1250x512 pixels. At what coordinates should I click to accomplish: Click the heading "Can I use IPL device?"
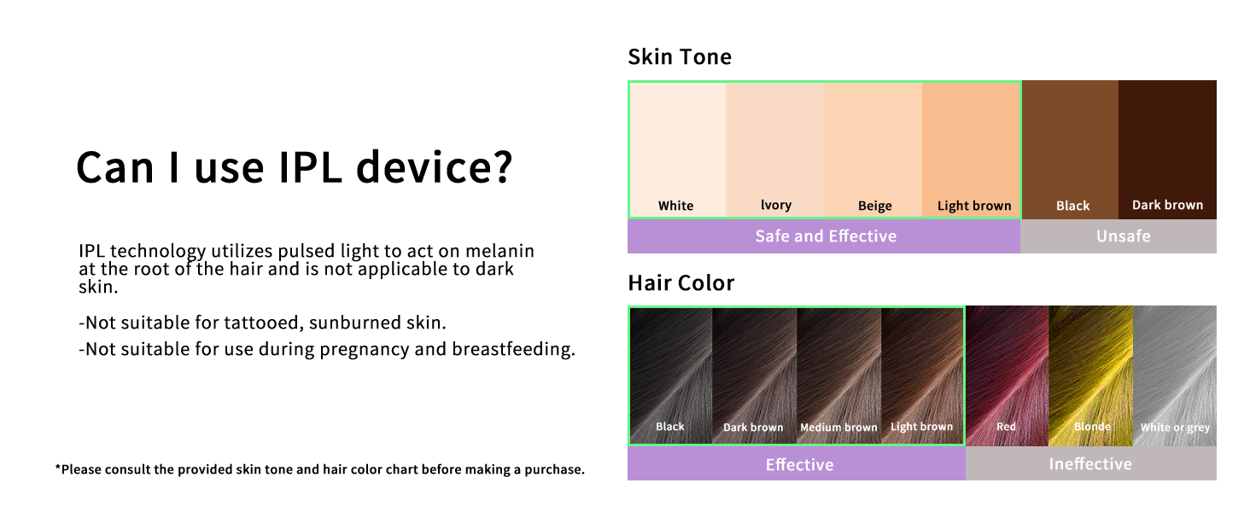click(295, 166)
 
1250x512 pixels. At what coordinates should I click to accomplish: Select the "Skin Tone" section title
click(680, 57)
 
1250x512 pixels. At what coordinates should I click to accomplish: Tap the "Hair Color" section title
click(680, 282)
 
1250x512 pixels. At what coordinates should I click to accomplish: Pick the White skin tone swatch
click(677, 149)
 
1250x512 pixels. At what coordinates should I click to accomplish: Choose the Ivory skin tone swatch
click(774, 149)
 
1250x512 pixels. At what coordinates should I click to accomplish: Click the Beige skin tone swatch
click(873, 149)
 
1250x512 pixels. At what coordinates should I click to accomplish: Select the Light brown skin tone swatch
click(972, 149)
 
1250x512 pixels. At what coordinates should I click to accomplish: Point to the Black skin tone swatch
click(1070, 149)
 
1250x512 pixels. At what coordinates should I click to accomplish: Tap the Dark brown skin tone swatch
click(1167, 149)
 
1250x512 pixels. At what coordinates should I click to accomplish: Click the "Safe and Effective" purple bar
click(824, 236)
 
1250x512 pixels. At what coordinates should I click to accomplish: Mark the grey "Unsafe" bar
click(1119, 236)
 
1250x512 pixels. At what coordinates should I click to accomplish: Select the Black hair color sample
click(670, 375)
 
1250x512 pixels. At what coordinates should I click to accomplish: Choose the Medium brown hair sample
click(838, 375)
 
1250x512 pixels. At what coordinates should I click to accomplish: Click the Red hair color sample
click(1007, 375)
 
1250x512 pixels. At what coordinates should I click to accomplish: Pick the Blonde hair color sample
click(1090, 375)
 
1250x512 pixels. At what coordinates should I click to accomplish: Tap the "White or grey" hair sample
click(1175, 375)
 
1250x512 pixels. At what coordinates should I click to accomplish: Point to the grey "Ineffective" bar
click(1090, 464)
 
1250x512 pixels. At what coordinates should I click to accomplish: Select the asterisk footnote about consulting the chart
click(320, 469)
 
